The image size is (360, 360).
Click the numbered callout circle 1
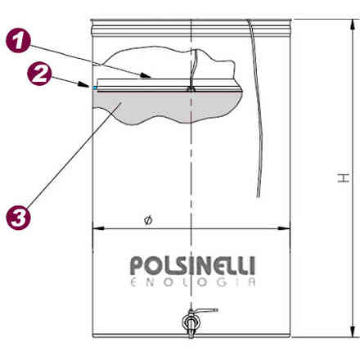18,41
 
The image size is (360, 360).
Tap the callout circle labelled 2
39,74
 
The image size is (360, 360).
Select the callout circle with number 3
18,218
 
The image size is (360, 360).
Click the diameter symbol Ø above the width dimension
148,220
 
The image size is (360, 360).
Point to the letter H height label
344,178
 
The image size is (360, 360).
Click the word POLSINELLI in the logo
192,265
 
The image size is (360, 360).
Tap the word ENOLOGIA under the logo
193,282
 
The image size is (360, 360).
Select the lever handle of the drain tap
205,311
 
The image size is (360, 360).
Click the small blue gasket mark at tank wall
95,88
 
